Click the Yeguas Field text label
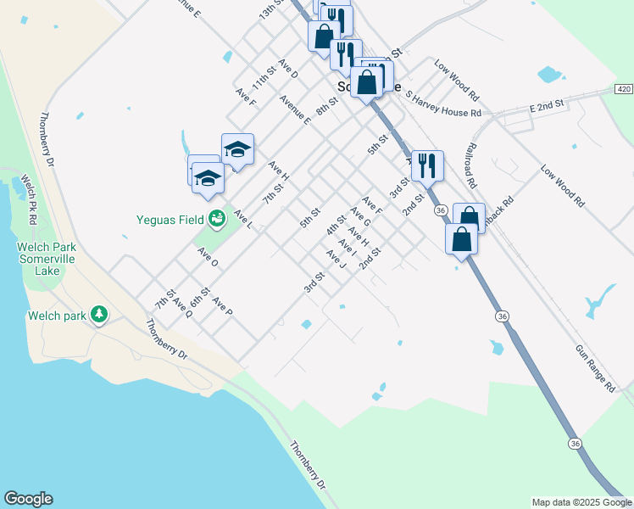click(170, 220)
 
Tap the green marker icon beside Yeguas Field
click(217, 220)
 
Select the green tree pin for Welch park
click(100, 315)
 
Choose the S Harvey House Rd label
click(443, 103)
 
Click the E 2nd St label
click(547, 105)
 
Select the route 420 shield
click(624, 89)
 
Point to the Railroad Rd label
click(470, 165)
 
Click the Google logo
click(28, 499)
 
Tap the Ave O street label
click(209, 257)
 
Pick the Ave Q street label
click(182, 307)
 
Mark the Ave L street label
click(243, 219)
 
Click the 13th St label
click(270, 11)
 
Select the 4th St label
click(336, 226)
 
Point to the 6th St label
click(199, 296)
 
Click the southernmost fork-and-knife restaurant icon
click(427, 165)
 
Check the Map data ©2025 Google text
click(581, 502)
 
